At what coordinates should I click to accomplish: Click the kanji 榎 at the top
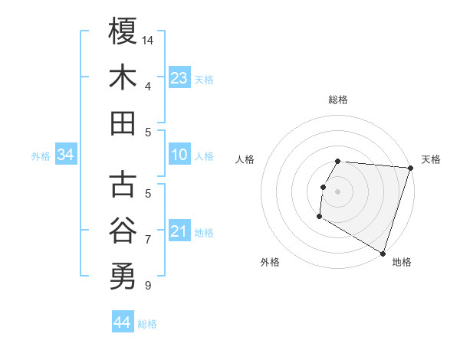click(123, 31)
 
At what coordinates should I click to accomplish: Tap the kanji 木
click(123, 78)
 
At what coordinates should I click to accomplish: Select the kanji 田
click(123, 123)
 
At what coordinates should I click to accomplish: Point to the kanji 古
click(123, 184)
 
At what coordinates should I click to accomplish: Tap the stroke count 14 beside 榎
click(149, 39)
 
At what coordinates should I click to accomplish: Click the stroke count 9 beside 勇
click(147, 286)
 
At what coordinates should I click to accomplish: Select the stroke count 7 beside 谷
click(147, 240)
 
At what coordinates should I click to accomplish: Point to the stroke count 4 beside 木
click(147, 87)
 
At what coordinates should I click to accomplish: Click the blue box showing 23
click(179, 77)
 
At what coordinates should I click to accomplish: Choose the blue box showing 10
click(179, 155)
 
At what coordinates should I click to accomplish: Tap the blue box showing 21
click(179, 231)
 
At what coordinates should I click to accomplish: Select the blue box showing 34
click(66, 155)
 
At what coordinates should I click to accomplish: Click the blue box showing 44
click(123, 322)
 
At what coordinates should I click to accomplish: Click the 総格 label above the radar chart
click(338, 100)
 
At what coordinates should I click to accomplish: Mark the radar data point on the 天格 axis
click(410, 168)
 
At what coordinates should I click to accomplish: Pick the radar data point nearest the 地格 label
click(382, 253)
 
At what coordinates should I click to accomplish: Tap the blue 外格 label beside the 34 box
click(41, 156)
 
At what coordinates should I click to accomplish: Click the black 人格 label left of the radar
click(245, 159)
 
